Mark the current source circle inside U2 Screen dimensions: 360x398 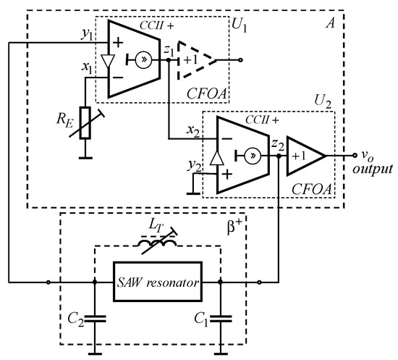253,155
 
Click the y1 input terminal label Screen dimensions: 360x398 88,34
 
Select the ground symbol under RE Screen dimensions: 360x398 85,154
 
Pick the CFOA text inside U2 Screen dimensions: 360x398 312,189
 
